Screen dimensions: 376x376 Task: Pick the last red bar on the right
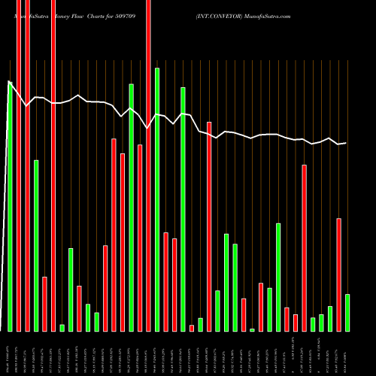point(339,274)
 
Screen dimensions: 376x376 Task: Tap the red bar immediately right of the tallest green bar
point(165,282)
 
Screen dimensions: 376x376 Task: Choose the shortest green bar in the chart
point(253,329)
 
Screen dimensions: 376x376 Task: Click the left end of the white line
point(8,82)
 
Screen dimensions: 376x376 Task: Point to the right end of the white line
point(346,143)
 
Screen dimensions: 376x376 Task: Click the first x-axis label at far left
point(10,353)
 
